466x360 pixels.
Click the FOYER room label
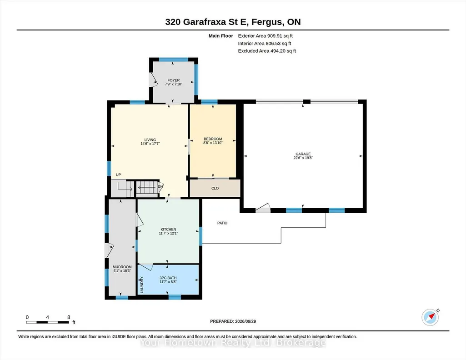(174, 80)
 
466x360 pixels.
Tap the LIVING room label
(150, 140)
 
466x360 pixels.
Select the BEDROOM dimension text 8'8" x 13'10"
(213, 143)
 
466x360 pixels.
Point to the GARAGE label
(303, 154)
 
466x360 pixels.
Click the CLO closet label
(215, 188)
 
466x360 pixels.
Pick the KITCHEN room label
(168, 229)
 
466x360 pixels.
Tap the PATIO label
(222, 223)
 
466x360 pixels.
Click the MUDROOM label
(122, 267)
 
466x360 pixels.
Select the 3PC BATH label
(168, 278)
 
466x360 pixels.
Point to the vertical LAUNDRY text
(142, 285)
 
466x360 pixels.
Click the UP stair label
(118, 175)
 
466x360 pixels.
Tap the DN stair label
(160, 187)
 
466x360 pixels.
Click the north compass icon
(431, 317)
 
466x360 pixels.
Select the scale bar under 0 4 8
(48, 322)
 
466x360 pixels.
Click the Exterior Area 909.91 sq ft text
(266, 36)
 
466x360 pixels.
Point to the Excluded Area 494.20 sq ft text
(267, 51)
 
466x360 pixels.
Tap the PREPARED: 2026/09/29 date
(233, 321)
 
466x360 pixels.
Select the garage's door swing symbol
(263, 208)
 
